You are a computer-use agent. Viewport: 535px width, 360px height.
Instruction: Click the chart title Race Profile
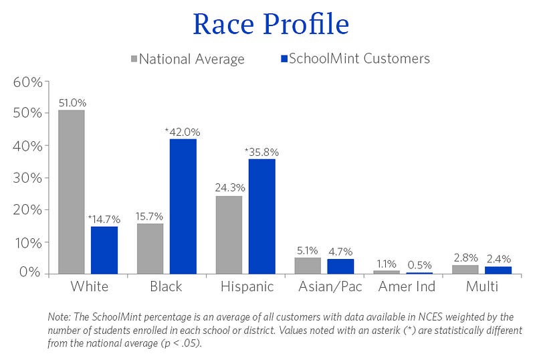coord(270,25)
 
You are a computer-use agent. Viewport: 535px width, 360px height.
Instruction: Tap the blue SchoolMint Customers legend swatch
coord(283,59)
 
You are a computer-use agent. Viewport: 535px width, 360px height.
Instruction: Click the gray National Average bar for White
coord(72,191)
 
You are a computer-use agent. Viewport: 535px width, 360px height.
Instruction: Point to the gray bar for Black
coord(150,248)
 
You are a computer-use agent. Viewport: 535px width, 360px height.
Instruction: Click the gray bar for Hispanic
coord(229,234)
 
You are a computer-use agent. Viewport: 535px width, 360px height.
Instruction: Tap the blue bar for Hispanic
coord(261,216)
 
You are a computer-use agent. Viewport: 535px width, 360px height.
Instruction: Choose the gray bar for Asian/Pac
coord(308,266)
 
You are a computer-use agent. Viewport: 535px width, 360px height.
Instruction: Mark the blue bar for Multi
coord(498,270)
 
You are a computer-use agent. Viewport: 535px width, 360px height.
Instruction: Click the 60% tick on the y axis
coord(27,82)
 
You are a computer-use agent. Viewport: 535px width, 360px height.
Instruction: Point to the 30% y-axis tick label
coord(27,178)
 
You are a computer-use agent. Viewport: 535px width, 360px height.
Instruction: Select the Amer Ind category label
coord(407,287)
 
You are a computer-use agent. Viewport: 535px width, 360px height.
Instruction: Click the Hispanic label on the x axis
coord(247,287)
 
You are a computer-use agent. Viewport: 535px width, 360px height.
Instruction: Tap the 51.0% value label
coord(72,103)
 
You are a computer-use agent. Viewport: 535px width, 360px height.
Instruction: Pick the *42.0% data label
coord(182,132)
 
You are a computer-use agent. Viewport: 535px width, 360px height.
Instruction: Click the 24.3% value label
coord(229,189)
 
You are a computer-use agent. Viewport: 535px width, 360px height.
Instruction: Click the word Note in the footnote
coord(60,317)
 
